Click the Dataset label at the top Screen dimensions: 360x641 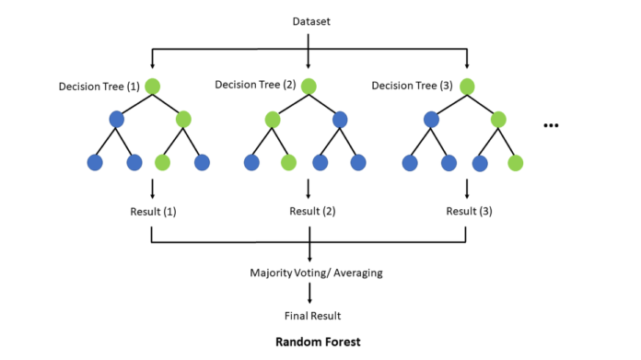point(309,19)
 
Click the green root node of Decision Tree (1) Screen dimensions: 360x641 point(152,87)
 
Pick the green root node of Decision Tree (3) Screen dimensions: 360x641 point(467,87)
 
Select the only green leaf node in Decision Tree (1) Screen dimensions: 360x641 point(163,163)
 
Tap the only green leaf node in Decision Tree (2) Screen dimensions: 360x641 point(289,163)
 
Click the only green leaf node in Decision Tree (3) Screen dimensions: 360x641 point(516,163)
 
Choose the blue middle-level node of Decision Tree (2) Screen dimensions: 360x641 point(341,119)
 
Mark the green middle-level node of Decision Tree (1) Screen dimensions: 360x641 point(183,119)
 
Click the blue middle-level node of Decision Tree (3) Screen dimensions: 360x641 point(430,119)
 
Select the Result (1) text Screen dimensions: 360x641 point(152,212)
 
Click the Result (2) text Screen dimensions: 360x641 point(310,212)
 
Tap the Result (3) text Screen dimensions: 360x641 point(468,212)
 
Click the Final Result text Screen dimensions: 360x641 point(309,315)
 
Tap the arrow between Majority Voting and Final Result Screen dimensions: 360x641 point(309,294)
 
